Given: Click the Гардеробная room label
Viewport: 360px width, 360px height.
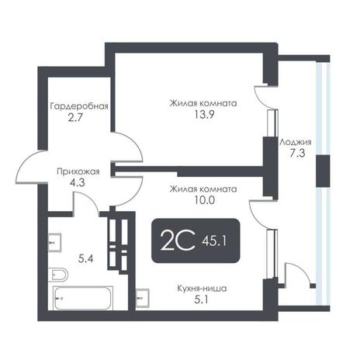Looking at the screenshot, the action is click(79, 106).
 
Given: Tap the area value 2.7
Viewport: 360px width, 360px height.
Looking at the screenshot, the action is click(75, 118).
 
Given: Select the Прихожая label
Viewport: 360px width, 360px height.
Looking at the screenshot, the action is click(78, 171).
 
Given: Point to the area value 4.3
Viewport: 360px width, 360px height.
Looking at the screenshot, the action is click(78, 183).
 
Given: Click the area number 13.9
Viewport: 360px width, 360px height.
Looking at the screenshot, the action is click(204, 114).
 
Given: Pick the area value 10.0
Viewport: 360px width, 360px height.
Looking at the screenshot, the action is click(204, 200).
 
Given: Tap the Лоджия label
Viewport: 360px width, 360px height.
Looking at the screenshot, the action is click(296, 142).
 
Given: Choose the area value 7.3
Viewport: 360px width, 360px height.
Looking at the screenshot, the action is click(297, 154).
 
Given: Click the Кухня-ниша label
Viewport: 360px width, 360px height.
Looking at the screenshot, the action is click(202, 289).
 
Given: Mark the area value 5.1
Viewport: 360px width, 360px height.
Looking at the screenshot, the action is click(201, 299).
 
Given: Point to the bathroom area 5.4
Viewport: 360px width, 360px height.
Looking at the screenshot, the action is click(85, 258).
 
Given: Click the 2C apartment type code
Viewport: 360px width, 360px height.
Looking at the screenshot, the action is click(178, 241).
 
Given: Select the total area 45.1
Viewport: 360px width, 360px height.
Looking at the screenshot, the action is click(214, 241).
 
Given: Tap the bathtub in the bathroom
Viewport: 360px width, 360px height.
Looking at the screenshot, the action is click(83, 298).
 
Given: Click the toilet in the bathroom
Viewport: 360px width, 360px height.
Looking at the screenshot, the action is click(57, 275).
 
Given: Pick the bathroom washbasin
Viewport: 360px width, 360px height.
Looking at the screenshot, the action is click(54, 243).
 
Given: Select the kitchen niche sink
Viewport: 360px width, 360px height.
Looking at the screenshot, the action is click(142, 298).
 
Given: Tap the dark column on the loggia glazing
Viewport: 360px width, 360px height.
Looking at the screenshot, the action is click(323, 171).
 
